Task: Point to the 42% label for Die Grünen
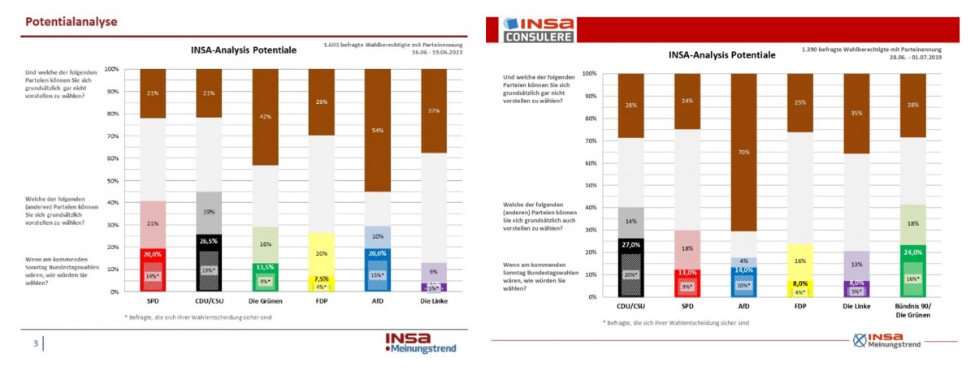(x=265, y=116)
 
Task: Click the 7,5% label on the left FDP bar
(x=321, y=278)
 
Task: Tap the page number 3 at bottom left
(x=36, y=343)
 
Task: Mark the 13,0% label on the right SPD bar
(x=687, y=273)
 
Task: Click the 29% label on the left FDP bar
(x=321, y=101)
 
